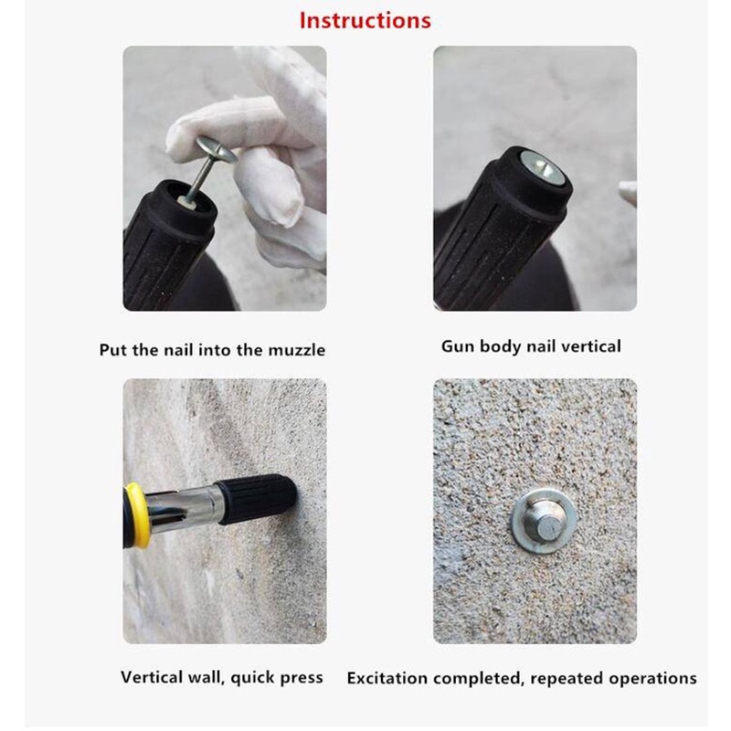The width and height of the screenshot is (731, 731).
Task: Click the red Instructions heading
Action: click(x=365, y=20)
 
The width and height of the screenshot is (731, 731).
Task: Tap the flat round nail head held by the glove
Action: click(x=217, y=149)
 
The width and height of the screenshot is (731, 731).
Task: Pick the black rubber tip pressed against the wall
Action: click(x=257, y=499)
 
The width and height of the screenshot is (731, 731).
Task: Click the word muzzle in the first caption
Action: click(x=296, y=350)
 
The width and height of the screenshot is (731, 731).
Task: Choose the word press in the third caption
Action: click(x=301, y=678)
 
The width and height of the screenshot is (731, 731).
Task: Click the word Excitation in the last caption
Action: click(x=387, y=678)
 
